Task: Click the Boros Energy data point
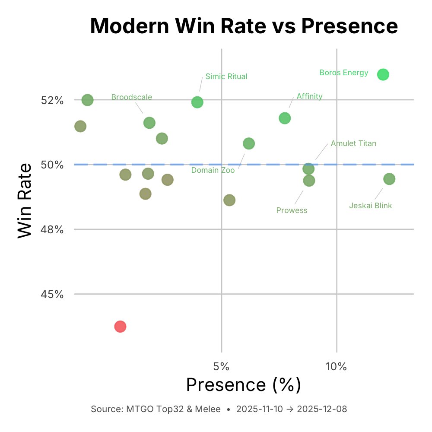pyautogui.click(x=383, y=75)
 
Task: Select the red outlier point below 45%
pyautogui.click(x=120, y=327)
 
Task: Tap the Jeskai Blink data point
pyautogui.click(x=389, y=179)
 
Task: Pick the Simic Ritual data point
pyautogui.click(x=197, y=102)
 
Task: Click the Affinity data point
pyautogui.click(x=285, y=118)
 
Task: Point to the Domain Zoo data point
pyautogui.click(x=249, y=143)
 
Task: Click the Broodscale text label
pyautogui.click(x=132, y=97)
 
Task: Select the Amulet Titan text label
pyautogui.click(x=353, y=143)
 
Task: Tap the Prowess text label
pyautogui.click(x=292, y=210)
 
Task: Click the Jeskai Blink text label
pyautogui.click(x=370, y=206)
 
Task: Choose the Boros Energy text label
pyautogui.click(x=344, y=73)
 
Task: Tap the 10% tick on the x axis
pyautogui.click(x=336, y=367)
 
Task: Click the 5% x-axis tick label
pyautogui.click(x=221, y=367)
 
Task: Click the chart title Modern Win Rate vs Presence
pyautogui.click(x=244, y=27)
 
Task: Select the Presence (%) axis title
pyautogui.click(x=243, y=385)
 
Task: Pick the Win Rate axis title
pyautogui.click(x=25, y=200)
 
